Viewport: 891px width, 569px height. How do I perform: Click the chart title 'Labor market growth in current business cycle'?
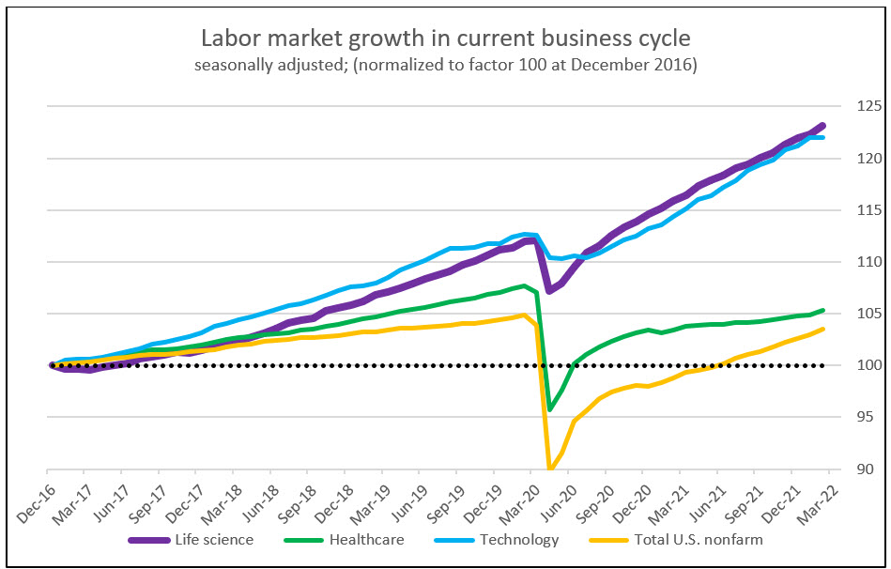point(445,39)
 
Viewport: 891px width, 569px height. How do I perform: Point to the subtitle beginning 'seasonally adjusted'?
point(445,68)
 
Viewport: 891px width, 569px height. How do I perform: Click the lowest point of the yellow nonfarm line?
point(549,468)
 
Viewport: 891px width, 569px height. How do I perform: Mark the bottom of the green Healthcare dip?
point(549,409)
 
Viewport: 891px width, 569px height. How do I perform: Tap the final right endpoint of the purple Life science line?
point(822,125)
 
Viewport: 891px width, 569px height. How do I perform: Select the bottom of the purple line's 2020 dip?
point(549,290)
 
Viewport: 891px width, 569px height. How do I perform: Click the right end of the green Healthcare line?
point(823,310)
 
